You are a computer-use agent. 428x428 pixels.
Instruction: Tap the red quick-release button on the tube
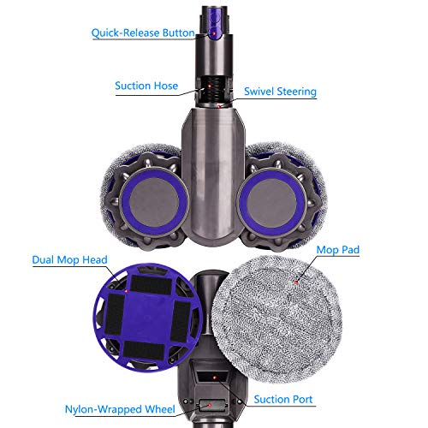(x=211, y=33)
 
